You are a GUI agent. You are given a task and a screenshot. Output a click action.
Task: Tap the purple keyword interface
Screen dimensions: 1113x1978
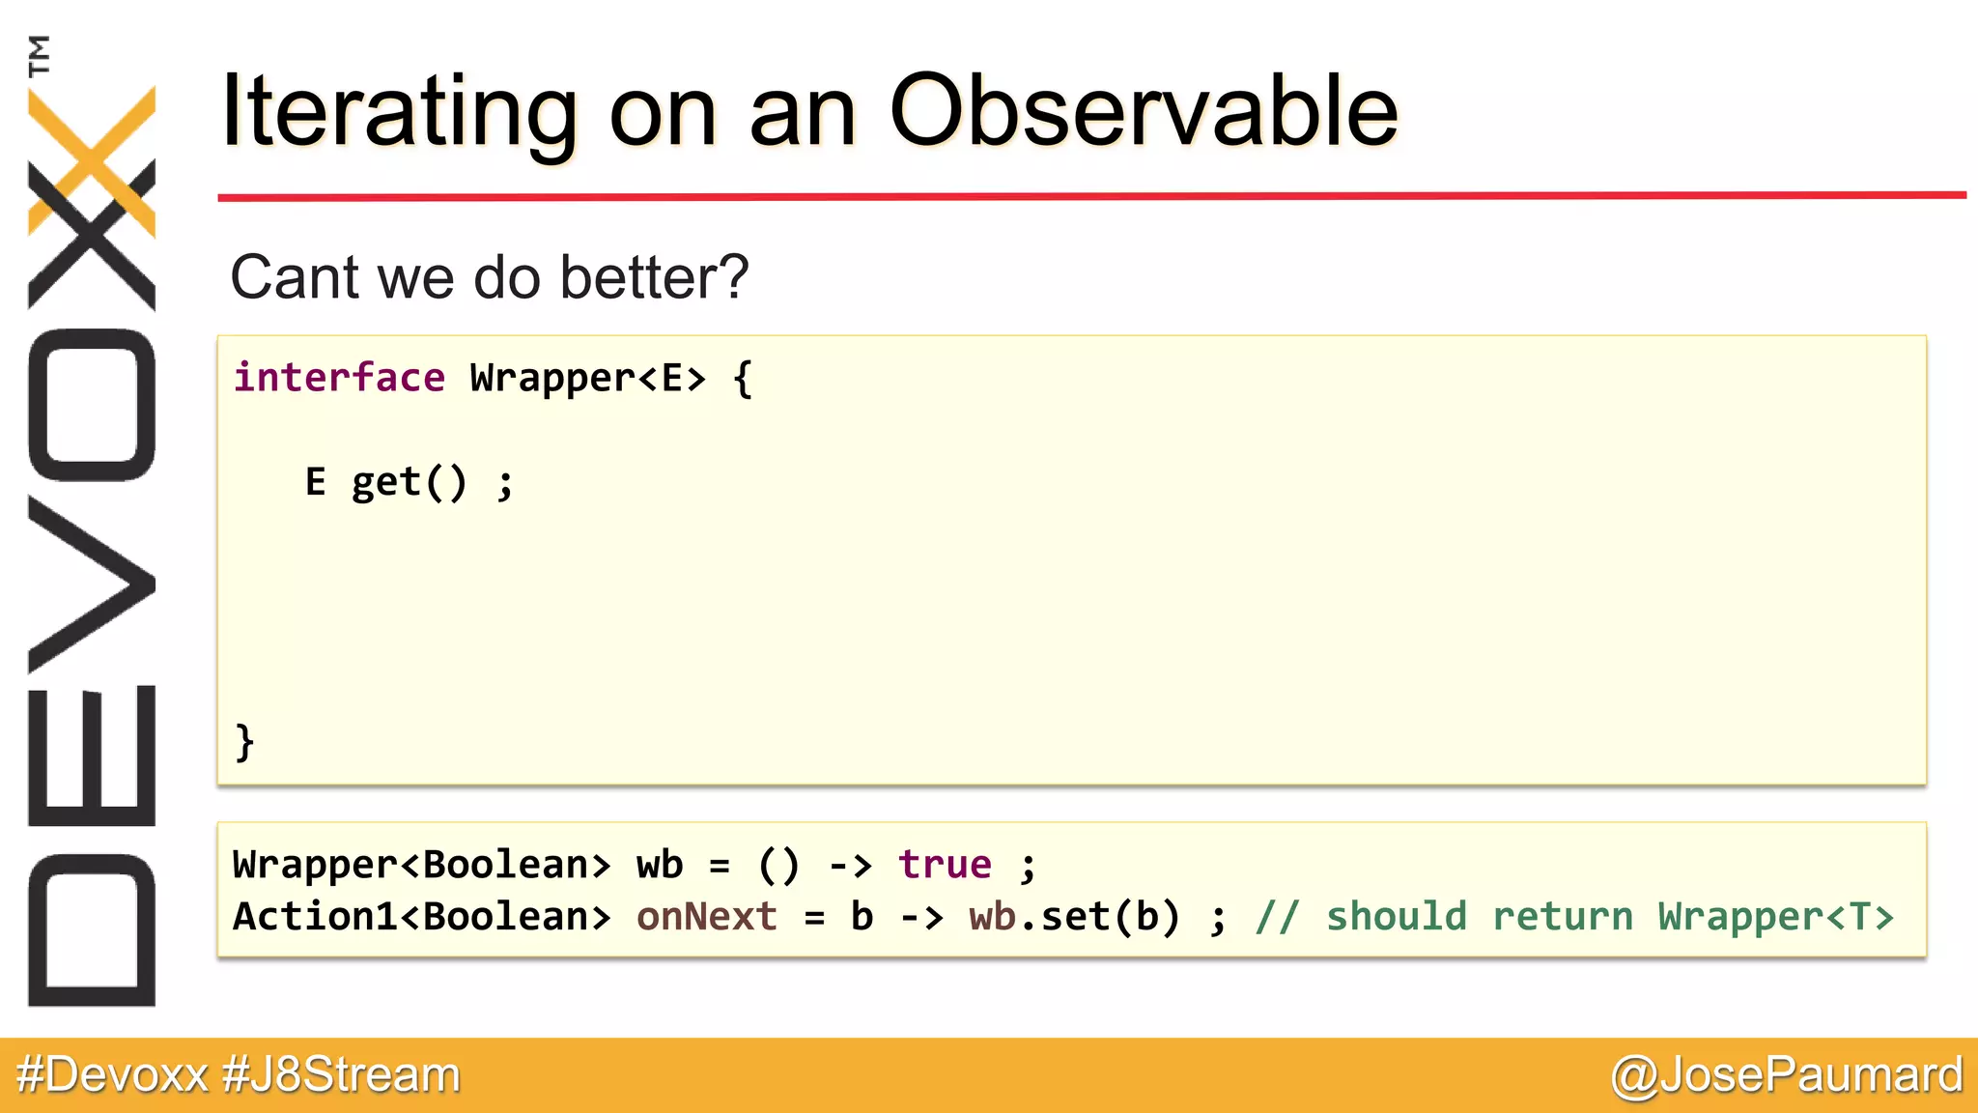339,378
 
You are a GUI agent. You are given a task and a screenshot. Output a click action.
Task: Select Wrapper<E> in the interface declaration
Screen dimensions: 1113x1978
587,378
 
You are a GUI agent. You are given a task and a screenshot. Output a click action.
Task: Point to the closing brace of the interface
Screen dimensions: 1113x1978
244,742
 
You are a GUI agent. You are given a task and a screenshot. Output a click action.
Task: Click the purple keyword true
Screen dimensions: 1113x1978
945,864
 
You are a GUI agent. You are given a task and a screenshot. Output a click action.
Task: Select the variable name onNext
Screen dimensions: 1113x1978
706,916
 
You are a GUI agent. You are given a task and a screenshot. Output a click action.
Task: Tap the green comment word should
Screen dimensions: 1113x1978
1396,916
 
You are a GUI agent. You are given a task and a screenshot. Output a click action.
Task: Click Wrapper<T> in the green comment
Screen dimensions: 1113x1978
1775,916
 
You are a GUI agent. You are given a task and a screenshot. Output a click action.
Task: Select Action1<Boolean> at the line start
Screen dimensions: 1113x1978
422,916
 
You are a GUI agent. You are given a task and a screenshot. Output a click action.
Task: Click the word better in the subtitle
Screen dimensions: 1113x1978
653,278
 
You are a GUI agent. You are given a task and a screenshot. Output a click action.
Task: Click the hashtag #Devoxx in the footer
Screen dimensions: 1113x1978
112,1074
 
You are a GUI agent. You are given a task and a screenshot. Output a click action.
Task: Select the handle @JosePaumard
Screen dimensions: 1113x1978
1786,1074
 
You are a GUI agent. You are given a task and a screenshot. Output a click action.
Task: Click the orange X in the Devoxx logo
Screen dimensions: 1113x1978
92,159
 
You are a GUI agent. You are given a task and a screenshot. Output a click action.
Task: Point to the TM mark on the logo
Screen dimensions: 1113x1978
40,55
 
